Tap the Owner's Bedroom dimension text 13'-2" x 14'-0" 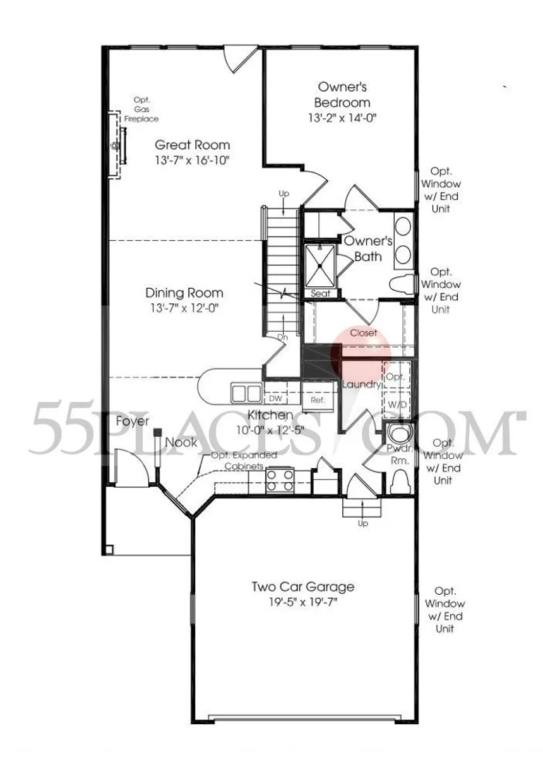click(x=342, y=118)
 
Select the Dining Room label click(x=184, y=293)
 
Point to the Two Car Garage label click(x=303, y=587)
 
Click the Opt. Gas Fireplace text click(x=141, y=109)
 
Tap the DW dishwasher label click(x=275, y=399)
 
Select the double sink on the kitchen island click(x=246, y=393)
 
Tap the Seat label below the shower click(x=321, y=294)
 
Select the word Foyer click(x=133, y=422)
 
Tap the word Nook click(x=181, y=442)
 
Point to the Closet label click(x=364, y=332)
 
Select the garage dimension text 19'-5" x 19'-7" click(x=303, y=602)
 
